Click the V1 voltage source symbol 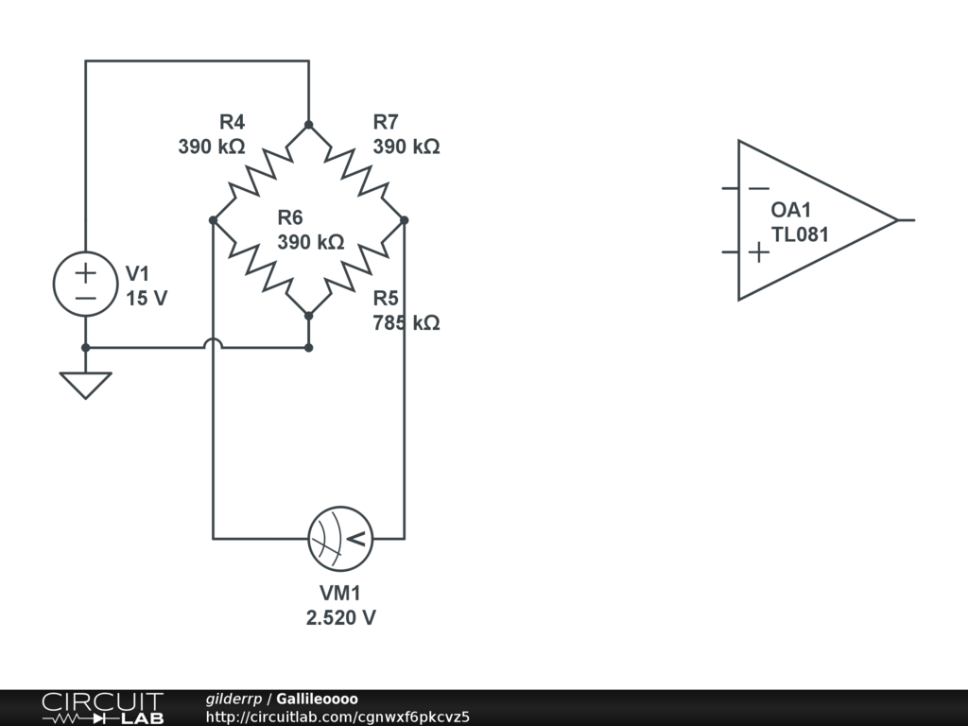tap(85, 285)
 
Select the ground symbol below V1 tap(85, 384)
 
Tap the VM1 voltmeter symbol tap(340, 539)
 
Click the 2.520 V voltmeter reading tap(340, 618)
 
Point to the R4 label tap(232, 122)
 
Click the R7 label tap(386, 122)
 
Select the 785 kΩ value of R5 tap(406, 323)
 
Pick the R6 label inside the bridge tap(290, 217)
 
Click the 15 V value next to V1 tap(147, 299)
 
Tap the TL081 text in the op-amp tap(800, 234)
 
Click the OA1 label tap(791, 211)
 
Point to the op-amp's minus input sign tap(758, 188)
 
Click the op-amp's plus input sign tap(758, 252)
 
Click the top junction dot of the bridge tap(308, 125)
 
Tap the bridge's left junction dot tap(213, 220)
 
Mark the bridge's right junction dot tap(404, 220)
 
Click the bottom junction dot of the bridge tap(308, 315)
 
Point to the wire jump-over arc tap(213, 343)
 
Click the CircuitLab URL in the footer tap(337, 716)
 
